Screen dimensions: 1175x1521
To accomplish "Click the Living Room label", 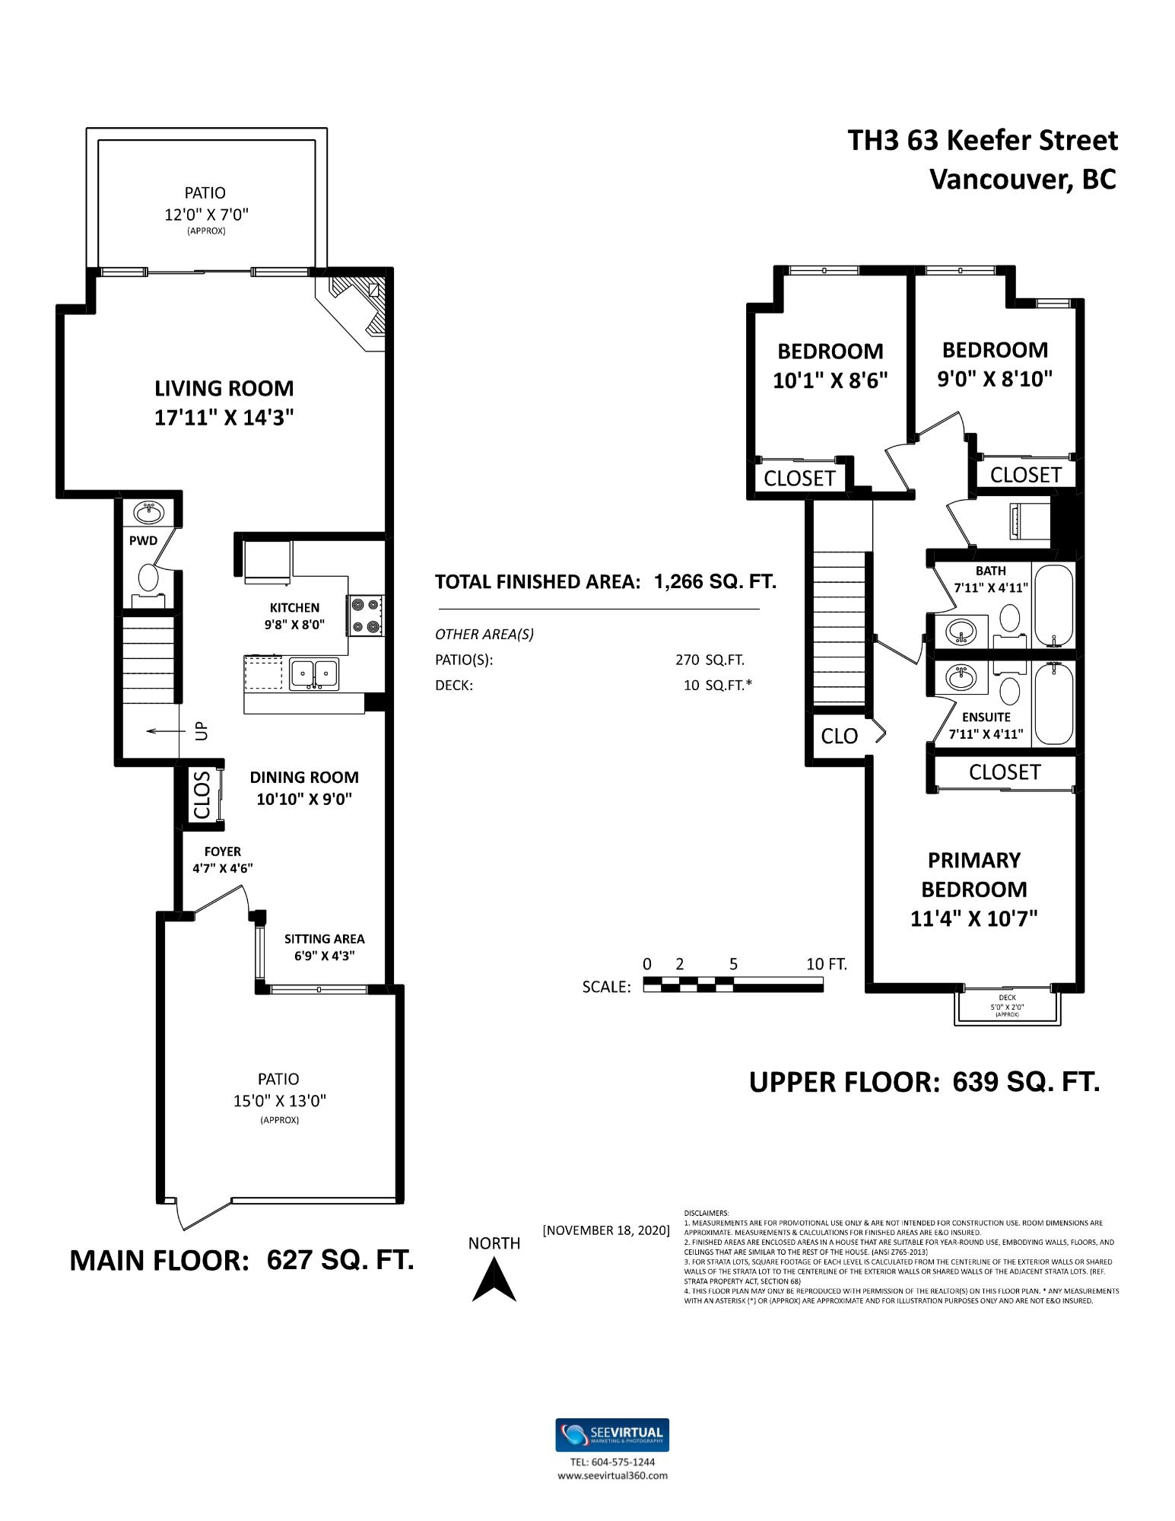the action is (x=224, y=403).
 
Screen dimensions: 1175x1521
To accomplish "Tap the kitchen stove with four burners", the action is (x=366, y=615).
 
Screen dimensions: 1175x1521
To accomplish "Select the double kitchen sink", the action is (x=315, y=673).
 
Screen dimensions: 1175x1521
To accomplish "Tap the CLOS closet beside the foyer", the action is (x=202, y=794).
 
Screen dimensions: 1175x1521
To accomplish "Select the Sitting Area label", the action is (x=325, y=947).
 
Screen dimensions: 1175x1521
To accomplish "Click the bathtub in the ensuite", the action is (x=1053, y=703).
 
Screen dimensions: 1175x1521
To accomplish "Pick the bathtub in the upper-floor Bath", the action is (x=1053, y=604).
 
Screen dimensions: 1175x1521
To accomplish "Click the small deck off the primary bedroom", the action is (x=1008, y=1005).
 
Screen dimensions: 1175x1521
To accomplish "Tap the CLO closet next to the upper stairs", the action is (x=840, y=736).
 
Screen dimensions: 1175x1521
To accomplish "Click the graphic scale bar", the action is (x=733, y=985).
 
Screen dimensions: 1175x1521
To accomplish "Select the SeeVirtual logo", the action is (x=612, y=1435).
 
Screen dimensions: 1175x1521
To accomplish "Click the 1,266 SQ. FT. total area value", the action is (x=715, y=582).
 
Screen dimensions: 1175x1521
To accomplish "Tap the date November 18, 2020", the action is (x=606, y=1230).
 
